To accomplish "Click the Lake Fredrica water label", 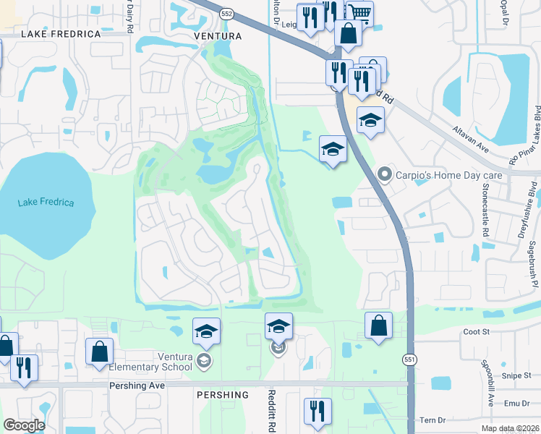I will pos(46,202).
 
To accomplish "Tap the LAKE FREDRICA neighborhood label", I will pos(61,34).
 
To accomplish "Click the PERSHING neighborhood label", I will pos(222,395).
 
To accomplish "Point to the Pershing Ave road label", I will pos(137,386).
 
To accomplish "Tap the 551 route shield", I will pos(410,359).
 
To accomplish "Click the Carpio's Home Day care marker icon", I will pos(385,174).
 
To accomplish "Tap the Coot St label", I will pos(477,331).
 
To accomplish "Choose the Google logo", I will pos(23,425).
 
